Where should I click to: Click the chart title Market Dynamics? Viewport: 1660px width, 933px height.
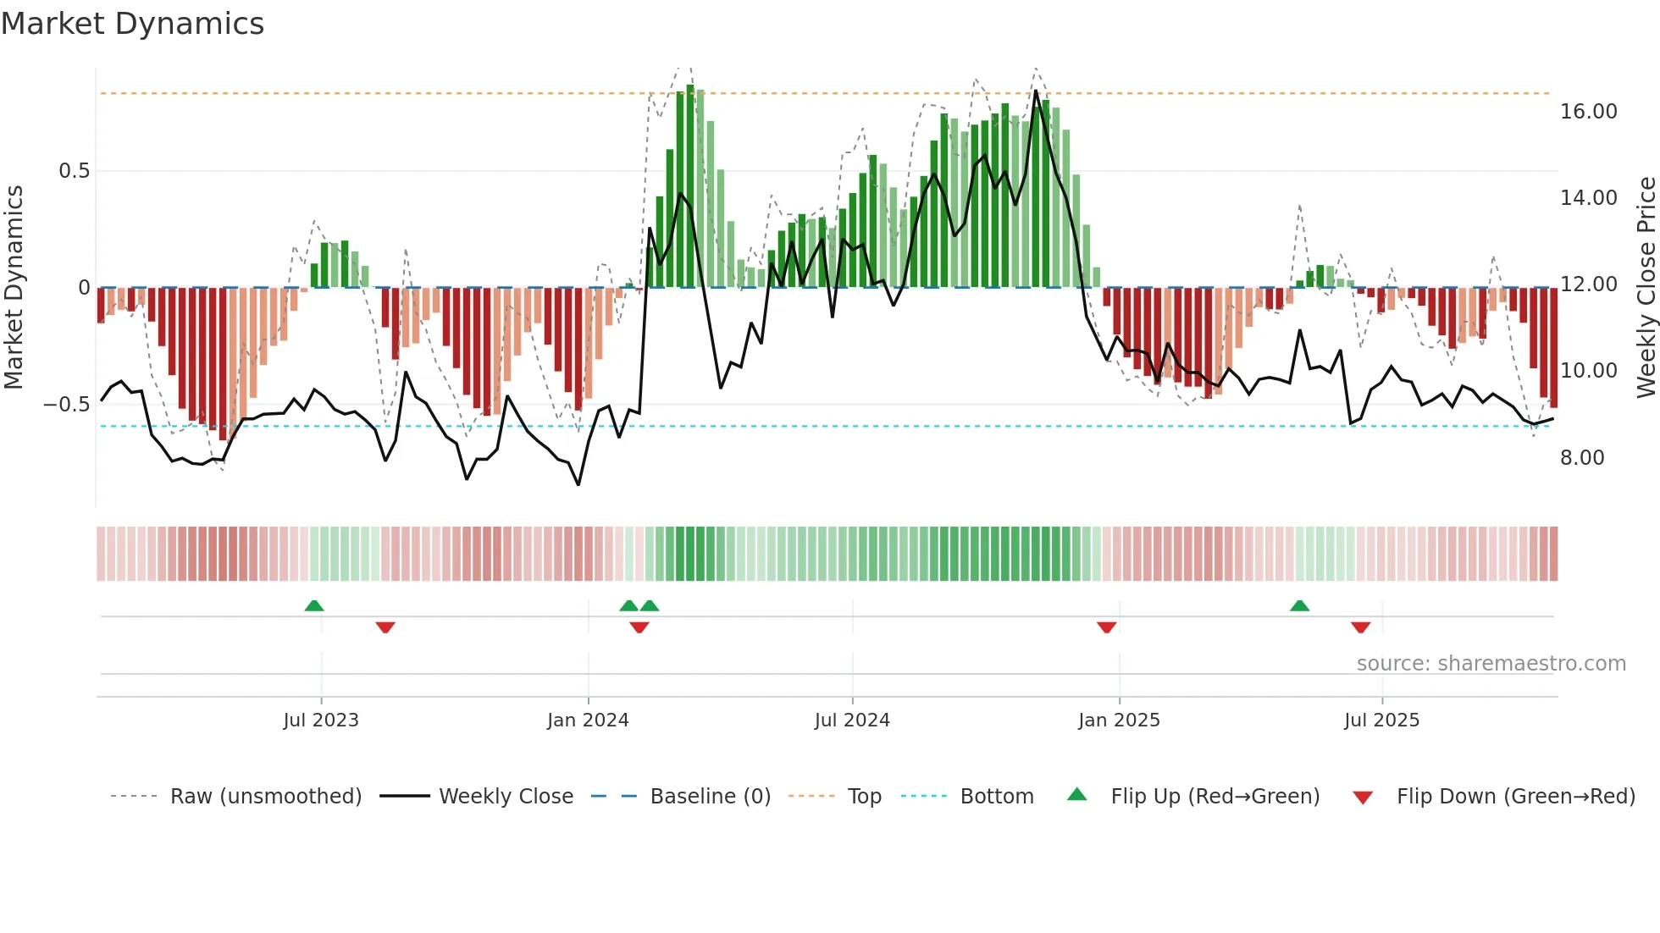(x=133, y=24)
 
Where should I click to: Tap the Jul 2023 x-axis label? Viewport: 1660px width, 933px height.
(x=321, y=720)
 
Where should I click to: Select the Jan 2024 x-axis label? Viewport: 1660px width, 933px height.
(x=588, y=720)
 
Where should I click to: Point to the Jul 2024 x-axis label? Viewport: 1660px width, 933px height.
(x=852, y=720)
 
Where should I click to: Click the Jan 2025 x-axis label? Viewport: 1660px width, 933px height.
(x=1119, y=720)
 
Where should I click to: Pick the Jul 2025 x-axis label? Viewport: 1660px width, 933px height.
(x=1381, y=720)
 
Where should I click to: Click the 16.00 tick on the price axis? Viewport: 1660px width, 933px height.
(x=1589, y=112)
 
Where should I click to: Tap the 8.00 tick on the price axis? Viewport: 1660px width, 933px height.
(x=1582, y=458)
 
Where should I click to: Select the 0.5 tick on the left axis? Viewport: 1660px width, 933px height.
(x=74, y=171)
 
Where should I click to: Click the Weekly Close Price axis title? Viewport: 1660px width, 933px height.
(x=1646, y=287)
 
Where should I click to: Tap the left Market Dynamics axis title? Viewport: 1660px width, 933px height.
(x=14, y=287)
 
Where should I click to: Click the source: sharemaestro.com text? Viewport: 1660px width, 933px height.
(x=1491, y=664)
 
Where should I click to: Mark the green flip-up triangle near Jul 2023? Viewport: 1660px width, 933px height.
(x=314, y=605)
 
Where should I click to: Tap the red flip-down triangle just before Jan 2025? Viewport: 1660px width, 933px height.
(x=1106, y=627)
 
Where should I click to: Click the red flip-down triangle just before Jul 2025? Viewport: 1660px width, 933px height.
(x=1360, y=627)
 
